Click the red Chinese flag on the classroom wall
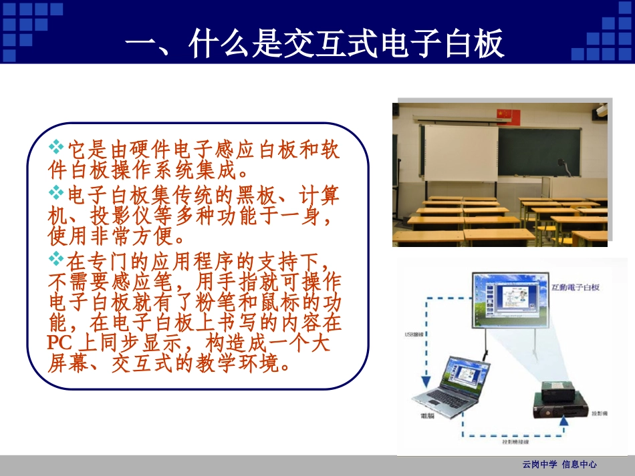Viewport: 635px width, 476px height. (508, 115)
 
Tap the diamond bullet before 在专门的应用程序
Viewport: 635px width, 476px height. (56, 257)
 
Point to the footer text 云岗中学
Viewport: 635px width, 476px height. (538, 465)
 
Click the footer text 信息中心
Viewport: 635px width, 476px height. (579, 465)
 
